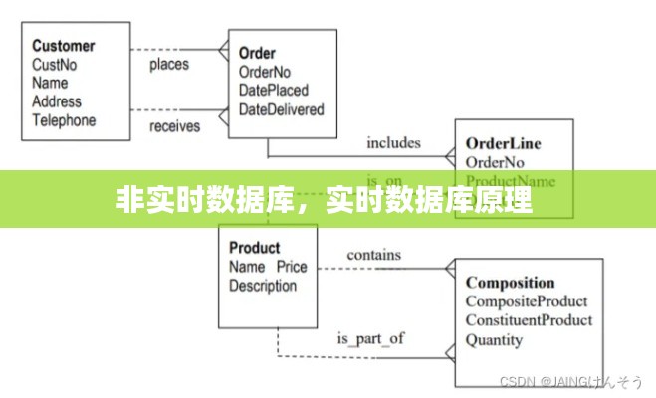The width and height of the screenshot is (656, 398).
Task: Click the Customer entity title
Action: (64, 46)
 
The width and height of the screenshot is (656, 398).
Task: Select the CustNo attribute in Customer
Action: (56, 65)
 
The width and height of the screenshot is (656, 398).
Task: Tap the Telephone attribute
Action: (64, 120)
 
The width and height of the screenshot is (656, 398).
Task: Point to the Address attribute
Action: (57, 101)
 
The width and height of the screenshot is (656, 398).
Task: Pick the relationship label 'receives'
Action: (175, 126)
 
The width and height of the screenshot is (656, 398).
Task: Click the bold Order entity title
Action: (258, 53)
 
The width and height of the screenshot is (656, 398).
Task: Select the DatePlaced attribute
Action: (275, 91)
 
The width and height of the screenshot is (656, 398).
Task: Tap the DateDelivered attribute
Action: (282, 109)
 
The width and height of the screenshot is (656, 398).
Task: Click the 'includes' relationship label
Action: (393, 142)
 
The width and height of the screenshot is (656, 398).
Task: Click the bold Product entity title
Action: (255, 248)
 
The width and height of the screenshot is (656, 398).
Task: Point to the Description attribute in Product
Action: (263, 286)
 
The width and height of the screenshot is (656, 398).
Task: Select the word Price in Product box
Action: (292, 267)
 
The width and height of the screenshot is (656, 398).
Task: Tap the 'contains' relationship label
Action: (374, 255)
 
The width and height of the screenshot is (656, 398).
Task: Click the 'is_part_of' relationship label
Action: (371, 338)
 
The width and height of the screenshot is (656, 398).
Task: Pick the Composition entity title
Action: (511, 283)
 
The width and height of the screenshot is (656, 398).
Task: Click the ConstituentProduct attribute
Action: (529, 320)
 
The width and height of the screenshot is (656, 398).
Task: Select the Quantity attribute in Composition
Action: (494, 339)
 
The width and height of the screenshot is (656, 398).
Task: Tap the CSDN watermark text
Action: (570, 382)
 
